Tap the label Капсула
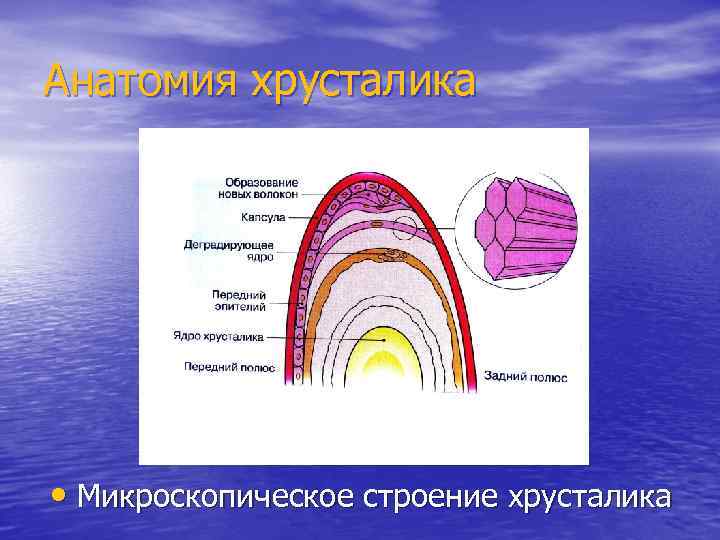click(x=263, y=216)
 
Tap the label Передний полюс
click(x=229, y=367)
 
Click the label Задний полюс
click(x=525, y=377)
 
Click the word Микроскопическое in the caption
click(x=211, y=497)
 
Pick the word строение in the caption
click(x=425, y=497)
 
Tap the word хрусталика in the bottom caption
click(x=590, y=497)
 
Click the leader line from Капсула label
click(x=305, y=216)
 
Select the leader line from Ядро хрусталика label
click(x=325, y=340)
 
